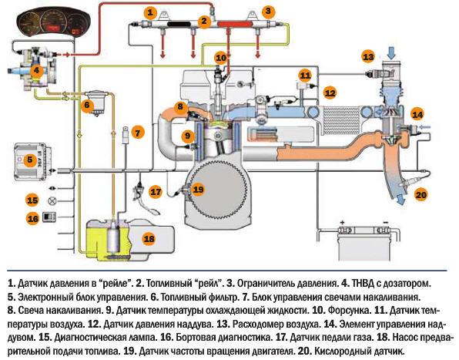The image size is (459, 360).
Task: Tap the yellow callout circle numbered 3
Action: (267, 12)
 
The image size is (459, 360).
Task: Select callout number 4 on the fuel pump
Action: (36, 69)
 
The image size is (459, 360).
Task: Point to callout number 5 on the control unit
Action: (29, 161)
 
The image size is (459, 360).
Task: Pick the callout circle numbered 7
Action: (137, 132)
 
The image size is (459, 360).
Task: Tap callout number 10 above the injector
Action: (221, 58)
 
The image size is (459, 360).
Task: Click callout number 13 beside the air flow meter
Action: (369, 57)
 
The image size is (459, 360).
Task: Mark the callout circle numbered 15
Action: (32, 200)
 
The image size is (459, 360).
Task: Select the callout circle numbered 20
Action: (420, 194)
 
